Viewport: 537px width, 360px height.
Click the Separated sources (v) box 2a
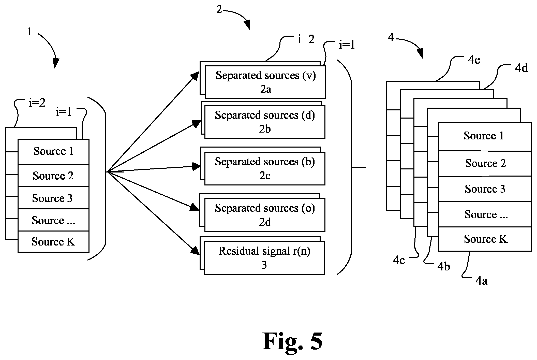265,82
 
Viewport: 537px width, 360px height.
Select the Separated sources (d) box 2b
265,122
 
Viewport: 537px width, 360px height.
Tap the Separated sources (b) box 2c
265,168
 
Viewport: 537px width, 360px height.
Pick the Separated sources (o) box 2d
265,215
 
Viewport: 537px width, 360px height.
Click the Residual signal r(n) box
264,258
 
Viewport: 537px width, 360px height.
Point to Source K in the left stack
53,242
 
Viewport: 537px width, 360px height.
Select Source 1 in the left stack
53,152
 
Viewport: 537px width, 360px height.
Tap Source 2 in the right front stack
485,164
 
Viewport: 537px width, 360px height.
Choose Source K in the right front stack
485,239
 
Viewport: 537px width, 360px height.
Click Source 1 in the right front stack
485,137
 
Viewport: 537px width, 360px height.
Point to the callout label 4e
474,60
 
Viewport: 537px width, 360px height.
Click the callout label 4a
482,281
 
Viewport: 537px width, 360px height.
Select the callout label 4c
399,260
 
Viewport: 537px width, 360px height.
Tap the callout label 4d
521,68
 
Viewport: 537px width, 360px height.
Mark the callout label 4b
444,266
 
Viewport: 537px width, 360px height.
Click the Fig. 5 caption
292,341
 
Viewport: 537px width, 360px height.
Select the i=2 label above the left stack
37,103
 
